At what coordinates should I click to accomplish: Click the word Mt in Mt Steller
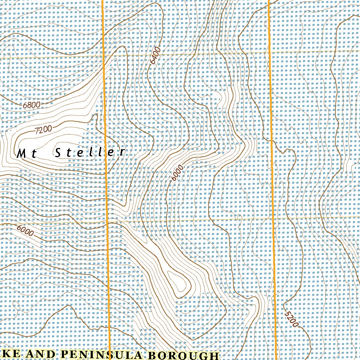click(27, 153)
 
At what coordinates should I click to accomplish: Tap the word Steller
click(90, 152)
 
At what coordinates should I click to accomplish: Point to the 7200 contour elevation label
click(44, 130)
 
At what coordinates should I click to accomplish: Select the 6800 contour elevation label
click(32, 104)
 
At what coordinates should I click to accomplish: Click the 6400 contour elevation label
click(155, 56)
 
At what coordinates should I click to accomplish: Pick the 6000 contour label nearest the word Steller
click(178, 173)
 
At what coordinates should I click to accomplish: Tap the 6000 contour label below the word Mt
click(25, 231)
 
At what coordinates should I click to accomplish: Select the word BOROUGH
click(183, 355)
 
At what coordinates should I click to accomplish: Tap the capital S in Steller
click(59, 153)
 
